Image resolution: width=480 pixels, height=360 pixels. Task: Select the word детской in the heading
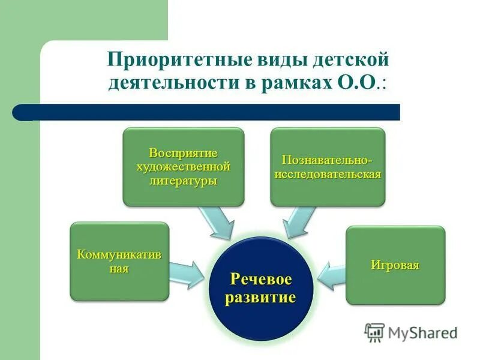(352, 60)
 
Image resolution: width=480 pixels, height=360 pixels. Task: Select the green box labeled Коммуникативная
(119, 262)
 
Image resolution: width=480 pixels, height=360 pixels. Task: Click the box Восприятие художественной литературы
(184, 167)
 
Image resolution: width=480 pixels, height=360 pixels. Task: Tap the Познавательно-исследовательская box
(327, 167)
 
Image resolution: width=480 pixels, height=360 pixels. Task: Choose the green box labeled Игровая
(395, 265)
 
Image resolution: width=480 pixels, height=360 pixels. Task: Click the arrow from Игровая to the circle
(331, 273)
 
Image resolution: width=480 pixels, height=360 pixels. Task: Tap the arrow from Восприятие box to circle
(219, 221)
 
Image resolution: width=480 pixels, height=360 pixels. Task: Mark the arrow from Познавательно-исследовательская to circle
(298, 221)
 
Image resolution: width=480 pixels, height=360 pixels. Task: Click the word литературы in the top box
(184, 181)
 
